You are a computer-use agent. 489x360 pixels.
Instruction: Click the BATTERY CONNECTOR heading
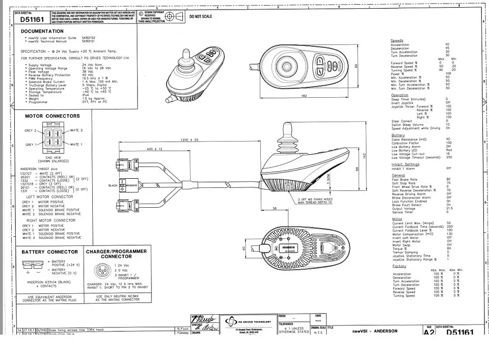(x=49, y=252)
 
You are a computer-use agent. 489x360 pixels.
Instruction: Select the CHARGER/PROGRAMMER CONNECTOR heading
(x=116, y=254)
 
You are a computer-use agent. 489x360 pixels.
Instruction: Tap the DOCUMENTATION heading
(x=42, y=32)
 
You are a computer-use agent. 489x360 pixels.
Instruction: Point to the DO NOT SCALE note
(x=201, y=17)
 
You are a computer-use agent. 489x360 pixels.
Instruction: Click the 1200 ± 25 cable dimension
(x=189, y=140)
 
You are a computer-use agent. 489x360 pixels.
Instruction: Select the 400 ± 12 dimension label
(x=154, y=149)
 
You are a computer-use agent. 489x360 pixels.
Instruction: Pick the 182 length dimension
(x=304, y=96)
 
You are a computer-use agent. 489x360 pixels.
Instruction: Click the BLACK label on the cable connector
(x=113, y=185)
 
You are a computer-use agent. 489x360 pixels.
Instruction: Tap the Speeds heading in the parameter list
(x=397, y=40)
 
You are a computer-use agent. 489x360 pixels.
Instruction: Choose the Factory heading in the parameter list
(x=399, y=266)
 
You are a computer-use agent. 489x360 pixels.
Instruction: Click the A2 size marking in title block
(x=429, y=333)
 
